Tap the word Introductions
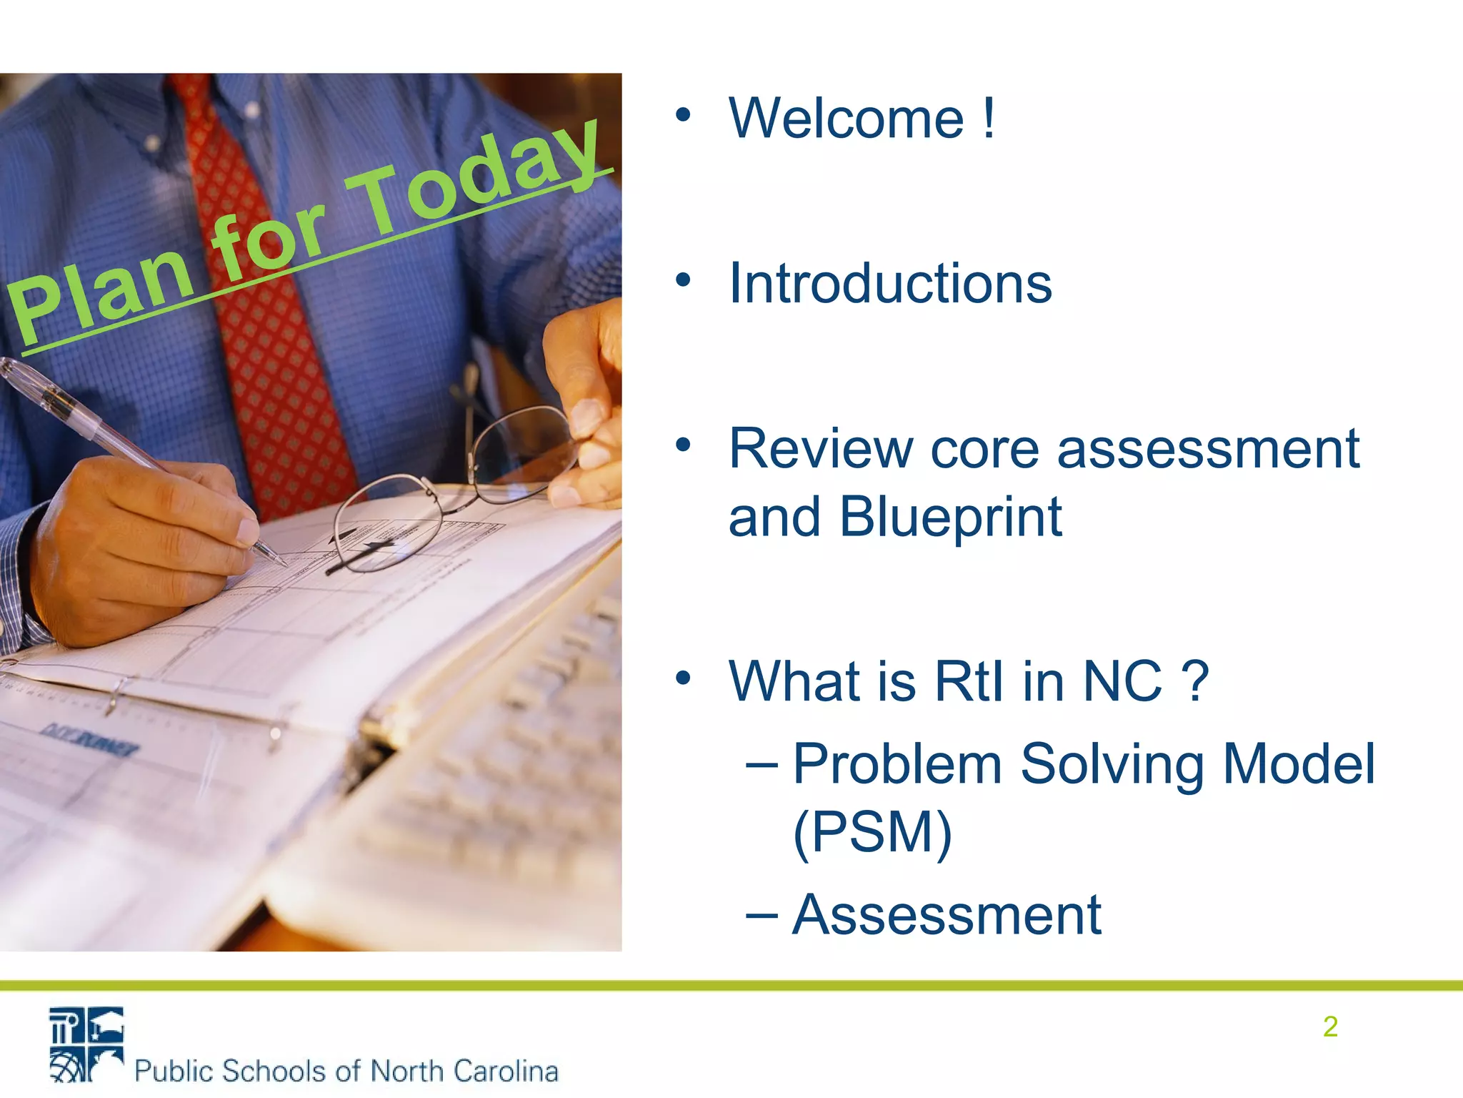890,284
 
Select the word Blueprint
950,517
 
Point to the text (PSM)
872,832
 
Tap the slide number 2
1329,1027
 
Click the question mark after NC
1194,681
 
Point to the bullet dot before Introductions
684,280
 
